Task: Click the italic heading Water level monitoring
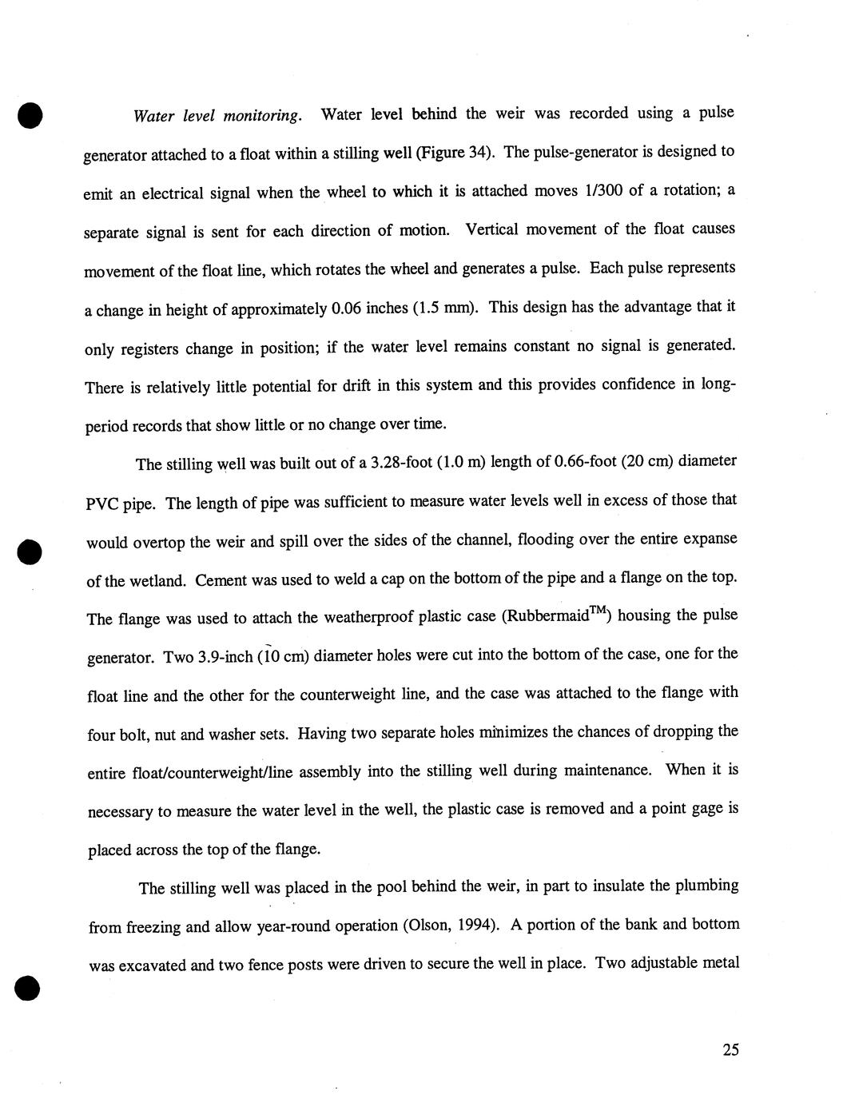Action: pos(217,116)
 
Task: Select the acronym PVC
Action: pos(102,504)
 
